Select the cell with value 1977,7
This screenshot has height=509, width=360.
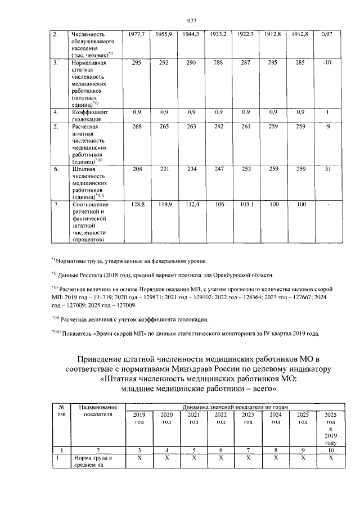(x=137, y=35)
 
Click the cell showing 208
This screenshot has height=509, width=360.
(x=137, y=168)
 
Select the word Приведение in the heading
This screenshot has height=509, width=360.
(x=105, y=360)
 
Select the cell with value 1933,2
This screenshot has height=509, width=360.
(x=218, y=35)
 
